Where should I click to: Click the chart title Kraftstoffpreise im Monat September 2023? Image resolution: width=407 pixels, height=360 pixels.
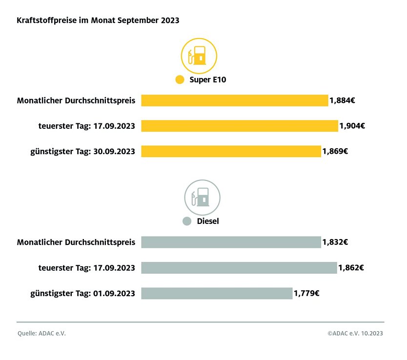[x=98, y=20]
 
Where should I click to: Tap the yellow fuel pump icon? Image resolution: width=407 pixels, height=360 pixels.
[x=199, y=56]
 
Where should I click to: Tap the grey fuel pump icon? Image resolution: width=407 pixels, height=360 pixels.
[x=202, y=198]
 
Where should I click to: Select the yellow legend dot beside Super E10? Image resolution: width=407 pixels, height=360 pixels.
[x=179, y=80]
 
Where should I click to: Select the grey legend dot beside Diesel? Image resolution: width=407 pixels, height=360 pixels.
[x=186, y=221]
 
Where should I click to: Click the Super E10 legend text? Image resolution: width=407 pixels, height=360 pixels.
[x=208, y=80]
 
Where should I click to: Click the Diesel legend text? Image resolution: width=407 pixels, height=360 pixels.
[x=208, y=221]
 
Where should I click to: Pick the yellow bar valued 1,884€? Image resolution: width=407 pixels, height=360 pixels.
[x=234, y=100]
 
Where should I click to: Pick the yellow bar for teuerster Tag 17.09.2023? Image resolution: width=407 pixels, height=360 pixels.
[x=239, y=126]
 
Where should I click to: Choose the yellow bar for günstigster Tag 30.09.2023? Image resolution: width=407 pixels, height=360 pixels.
[x=231, y=151]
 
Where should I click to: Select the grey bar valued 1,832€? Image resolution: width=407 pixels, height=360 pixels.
[x=231, y=242]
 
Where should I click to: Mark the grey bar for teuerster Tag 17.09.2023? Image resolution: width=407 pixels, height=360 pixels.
[x=239, y=267]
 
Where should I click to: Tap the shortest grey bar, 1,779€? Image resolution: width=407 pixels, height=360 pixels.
[x=217, y=293]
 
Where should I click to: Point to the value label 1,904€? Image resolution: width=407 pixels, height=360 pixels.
[x=352, y=126]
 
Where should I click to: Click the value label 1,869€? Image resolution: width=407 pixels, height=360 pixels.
[x=335, y=151]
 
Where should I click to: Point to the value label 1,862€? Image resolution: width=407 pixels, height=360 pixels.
[x=351, y=267]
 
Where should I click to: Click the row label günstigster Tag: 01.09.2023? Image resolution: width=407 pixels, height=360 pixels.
[x=82, y=293]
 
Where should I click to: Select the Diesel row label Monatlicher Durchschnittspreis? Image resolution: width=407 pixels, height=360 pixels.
[x=76, y=242]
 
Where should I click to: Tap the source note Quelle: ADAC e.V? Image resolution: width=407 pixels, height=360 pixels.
[x=41, y=334]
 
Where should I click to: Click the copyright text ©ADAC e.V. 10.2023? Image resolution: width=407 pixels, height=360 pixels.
[x=355, y=334]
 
